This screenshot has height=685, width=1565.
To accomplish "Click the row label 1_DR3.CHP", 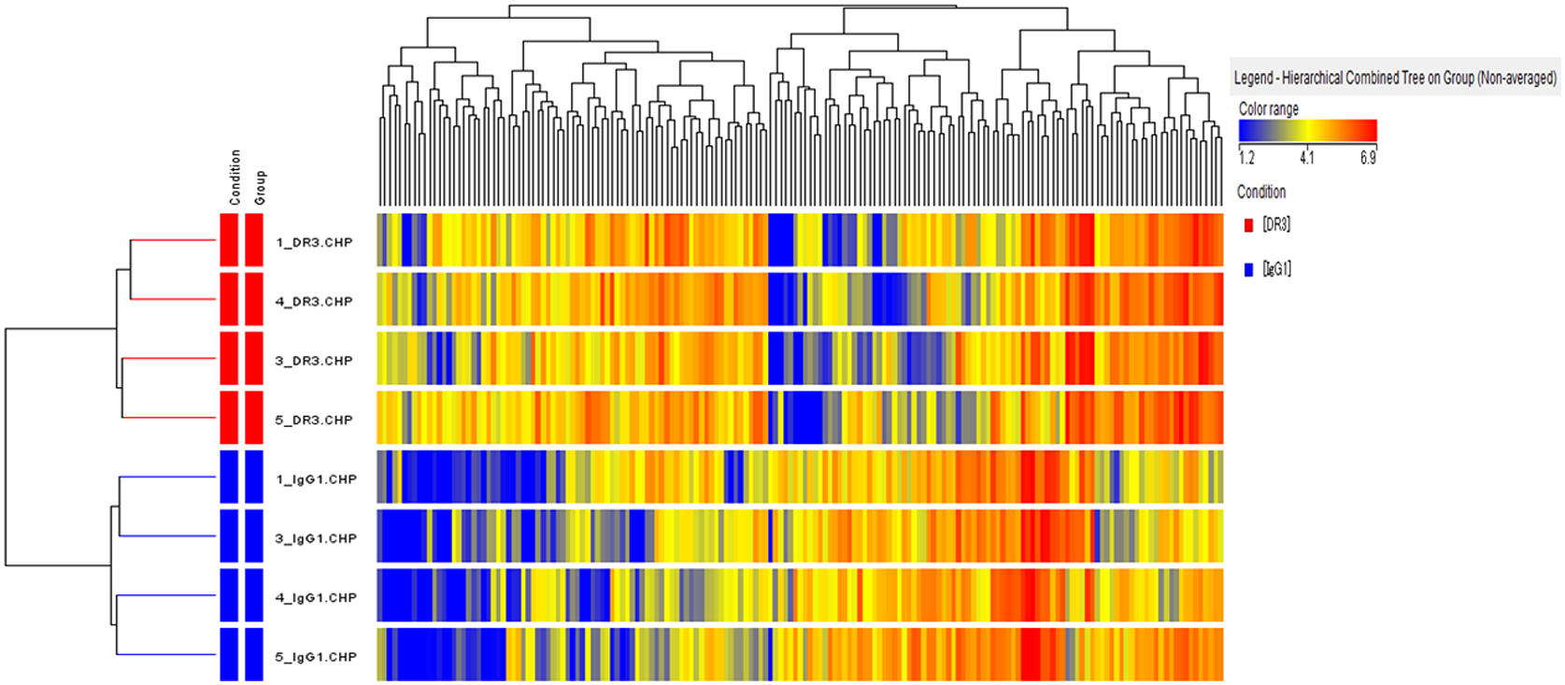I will click(314, 242).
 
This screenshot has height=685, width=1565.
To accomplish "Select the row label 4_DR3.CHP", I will click(314, 301).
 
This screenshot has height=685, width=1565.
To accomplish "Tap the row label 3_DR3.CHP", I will click(314, 361).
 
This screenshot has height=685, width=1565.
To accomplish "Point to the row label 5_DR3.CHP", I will click(314, 420).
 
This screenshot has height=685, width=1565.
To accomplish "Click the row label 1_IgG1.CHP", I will click(316, 479).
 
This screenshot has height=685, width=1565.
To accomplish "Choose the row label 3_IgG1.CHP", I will click(316, 538).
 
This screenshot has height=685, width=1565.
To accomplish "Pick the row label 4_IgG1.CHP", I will click(316, 597).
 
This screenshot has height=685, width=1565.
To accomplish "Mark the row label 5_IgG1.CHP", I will click(316, 657).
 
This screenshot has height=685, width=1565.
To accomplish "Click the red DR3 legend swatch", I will click(1248, 225).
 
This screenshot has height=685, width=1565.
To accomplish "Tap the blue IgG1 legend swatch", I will click(1248, 270).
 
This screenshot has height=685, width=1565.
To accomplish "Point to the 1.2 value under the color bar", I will click(1246, 158).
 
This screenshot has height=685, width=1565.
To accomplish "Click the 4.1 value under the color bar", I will click(1306, 158).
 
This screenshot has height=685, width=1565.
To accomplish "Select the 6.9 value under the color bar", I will click(1368, 158).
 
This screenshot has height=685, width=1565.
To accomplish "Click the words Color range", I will click(1268, 108).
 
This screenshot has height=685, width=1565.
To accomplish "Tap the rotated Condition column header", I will click(235, 177).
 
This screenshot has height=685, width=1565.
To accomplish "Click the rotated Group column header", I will click(260, 187).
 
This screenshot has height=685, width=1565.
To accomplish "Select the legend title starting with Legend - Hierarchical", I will click(1395, 78).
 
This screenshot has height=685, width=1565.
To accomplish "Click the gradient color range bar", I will click(1307, 130).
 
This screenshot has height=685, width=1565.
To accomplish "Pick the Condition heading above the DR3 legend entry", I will click(1261, 192).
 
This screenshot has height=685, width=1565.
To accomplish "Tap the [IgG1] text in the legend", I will click(1276, 269).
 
